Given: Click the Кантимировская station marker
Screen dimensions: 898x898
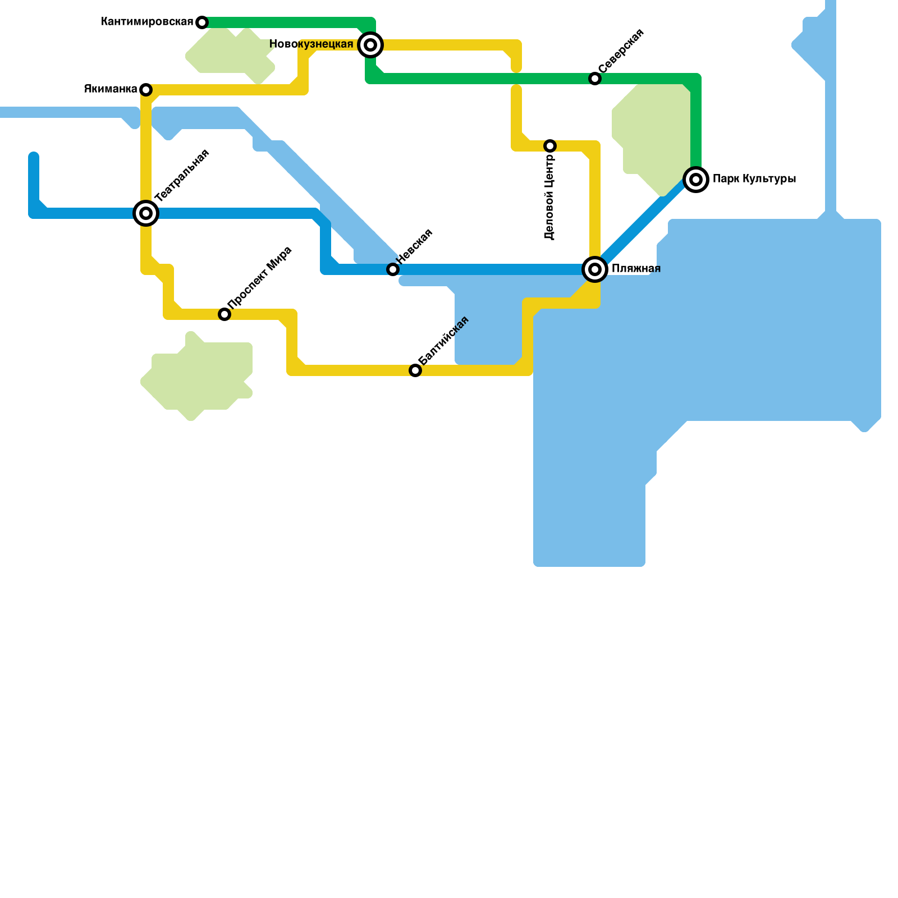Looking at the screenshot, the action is (202, 22).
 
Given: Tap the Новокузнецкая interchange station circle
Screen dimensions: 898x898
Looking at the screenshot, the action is (370, 45).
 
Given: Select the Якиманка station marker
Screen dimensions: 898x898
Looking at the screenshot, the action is (146, 90).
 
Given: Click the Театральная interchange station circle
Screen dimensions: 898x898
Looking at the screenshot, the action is (146, 213).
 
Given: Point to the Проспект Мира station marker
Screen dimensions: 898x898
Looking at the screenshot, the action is (224, 314).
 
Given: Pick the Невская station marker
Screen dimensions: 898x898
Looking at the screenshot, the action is (393, 269).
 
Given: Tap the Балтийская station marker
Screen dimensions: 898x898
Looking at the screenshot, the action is (415, 370).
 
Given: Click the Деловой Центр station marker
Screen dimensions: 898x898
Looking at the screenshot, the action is (550, 146).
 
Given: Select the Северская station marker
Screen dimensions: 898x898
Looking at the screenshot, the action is (595, 79).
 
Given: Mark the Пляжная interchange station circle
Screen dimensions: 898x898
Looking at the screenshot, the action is (595, 269).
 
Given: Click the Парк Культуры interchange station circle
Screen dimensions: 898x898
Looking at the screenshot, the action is (696, 180).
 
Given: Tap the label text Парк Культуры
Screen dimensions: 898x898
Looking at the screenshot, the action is (754, 179).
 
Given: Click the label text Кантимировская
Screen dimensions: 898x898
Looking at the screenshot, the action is (147, 22).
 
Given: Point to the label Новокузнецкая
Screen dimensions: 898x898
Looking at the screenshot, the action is (311, 44).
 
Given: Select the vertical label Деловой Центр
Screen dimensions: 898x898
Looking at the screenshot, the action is (549, 196).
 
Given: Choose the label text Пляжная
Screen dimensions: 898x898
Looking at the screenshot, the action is (636, 269).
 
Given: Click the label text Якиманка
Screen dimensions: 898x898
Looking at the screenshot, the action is (111, 89).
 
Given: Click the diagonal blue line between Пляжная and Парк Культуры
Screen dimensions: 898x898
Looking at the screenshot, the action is (645, 224).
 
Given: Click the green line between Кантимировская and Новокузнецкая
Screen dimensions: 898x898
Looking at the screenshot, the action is (286, 22).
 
